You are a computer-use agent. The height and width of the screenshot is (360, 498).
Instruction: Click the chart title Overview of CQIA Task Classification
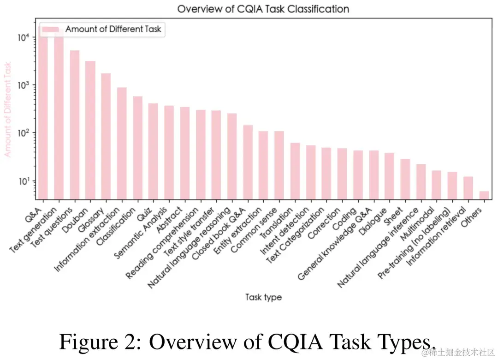(263, 9)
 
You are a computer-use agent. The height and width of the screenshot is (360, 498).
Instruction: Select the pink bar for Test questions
(75, 125)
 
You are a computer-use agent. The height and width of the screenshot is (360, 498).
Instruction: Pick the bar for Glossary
(106, 136)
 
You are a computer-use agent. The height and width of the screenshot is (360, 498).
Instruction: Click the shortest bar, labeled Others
(484, 195)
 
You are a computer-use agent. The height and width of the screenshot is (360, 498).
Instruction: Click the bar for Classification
(137, 148)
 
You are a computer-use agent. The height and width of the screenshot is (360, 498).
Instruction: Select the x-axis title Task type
(263, 297)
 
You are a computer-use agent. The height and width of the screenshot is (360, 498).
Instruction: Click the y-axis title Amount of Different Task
(8, 109)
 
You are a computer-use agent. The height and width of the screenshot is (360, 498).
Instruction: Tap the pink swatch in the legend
(51, 29)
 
